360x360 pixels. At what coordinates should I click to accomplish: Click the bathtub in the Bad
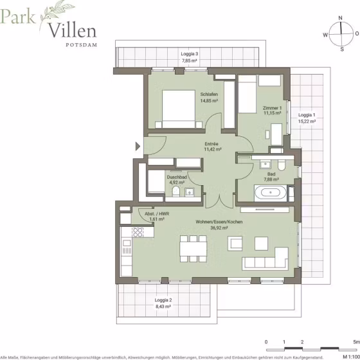click(271, 192)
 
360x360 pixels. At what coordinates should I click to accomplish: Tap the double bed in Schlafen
click(179, 109)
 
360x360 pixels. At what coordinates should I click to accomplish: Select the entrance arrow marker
click(138, 147)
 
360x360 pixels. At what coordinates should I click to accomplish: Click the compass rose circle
click(341, 33)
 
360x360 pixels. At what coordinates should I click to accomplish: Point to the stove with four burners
click(138, 232)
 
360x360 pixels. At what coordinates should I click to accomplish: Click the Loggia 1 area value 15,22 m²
click(307, 122)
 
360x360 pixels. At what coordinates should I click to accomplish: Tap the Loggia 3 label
click(190, 54)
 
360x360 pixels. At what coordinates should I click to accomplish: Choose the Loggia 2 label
click(163, 300)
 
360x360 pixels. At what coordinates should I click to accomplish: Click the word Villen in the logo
click(72, 31)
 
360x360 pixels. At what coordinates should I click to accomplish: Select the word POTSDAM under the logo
click(81, 45)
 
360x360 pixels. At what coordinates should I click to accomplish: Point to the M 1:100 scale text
click(351, 357)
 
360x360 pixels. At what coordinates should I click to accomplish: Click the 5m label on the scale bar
click(357, 342)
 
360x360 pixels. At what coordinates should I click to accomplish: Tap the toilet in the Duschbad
click(176, 192)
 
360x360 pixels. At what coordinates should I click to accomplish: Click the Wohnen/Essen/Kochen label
click(219, 222)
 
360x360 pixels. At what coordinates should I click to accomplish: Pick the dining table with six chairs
click(194, 249)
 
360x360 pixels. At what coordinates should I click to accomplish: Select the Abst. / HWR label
click(157, 213)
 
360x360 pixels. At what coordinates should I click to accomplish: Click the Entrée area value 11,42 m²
click(213, 149)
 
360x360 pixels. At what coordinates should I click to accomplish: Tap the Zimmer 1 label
click(272, 108)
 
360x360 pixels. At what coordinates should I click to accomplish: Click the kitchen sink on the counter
click(127, 243)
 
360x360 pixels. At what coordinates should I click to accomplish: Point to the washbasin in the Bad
click(265, 165)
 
